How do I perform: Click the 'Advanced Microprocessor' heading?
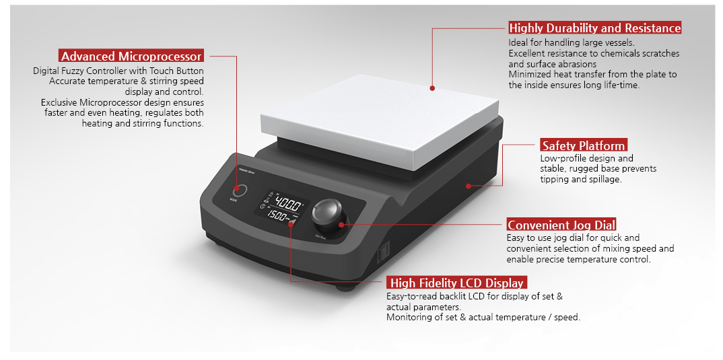(x=131, y=56)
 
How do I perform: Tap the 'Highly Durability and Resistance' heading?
(x=595, y=28)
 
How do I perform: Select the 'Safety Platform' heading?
(x=584, y=145)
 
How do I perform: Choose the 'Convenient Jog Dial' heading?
(x=561, y=225)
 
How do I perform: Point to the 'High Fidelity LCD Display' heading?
(x=456, y=283)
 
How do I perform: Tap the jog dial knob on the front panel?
(x=330, y=211)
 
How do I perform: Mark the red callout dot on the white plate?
(x=433, y=87)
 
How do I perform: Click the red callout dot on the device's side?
(x=467, y=184)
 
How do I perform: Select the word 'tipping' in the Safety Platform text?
(x=555, y=179)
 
